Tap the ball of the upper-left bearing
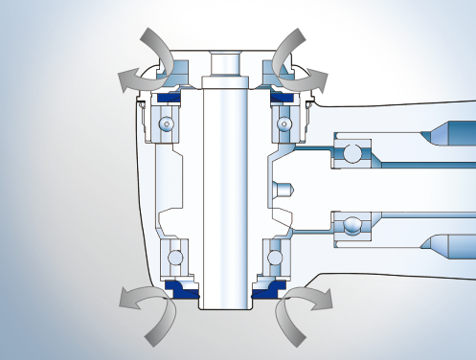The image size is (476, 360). [168, 124]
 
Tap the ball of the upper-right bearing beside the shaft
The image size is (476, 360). [283, 124]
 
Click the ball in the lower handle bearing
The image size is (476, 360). [353, 226]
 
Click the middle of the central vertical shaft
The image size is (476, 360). [225, 187]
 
